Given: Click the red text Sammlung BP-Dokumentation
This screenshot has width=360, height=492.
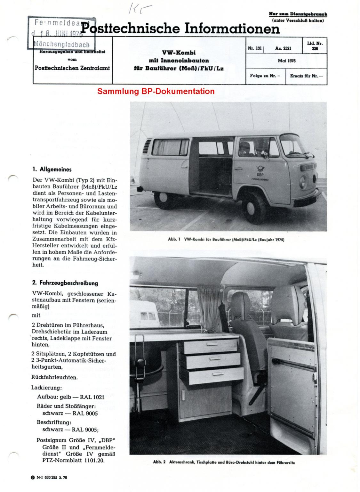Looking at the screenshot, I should (156, 91).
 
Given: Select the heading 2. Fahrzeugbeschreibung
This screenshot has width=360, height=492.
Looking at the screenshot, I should (65, 283).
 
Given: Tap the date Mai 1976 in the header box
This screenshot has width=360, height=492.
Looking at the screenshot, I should (287, 61).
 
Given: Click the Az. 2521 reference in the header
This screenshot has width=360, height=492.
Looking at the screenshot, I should (283, 49).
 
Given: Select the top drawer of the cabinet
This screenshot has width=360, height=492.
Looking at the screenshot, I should (208, 347).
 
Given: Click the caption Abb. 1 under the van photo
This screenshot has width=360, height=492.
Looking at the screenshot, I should (226, 239).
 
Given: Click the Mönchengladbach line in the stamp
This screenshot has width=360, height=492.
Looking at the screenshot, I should (62, 45).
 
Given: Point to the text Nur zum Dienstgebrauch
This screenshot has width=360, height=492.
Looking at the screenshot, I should (298, 14).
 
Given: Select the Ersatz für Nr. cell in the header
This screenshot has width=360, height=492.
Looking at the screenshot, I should (306, 76).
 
